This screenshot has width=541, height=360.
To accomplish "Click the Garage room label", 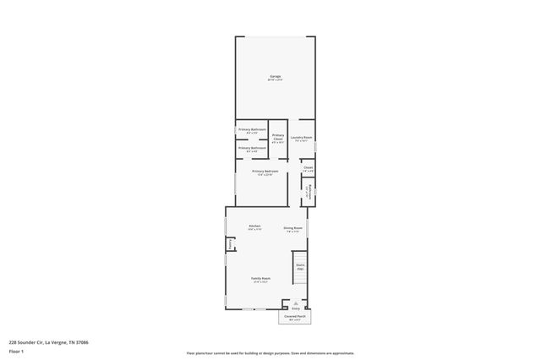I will (275, 77).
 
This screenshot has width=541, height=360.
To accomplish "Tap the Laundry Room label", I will (302, 138).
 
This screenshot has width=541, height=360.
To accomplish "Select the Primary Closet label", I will (278, 138).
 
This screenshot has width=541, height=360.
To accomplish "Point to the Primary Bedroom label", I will (265, 172).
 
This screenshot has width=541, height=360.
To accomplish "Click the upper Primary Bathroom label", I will (252, 130).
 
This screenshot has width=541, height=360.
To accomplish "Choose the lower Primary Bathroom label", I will (252, 149).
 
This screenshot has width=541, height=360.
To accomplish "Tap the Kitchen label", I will (254, 227).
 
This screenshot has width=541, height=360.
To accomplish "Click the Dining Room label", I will (293, 228).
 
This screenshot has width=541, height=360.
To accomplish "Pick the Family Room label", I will (260, 280).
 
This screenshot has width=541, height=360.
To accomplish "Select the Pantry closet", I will (229, 245).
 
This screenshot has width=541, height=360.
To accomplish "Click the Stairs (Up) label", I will (300, 267).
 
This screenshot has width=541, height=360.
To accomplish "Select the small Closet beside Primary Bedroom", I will (309, 169).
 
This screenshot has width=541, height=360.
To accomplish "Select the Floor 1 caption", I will (16, 351).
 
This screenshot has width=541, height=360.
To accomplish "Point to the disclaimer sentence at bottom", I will (270, 353).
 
